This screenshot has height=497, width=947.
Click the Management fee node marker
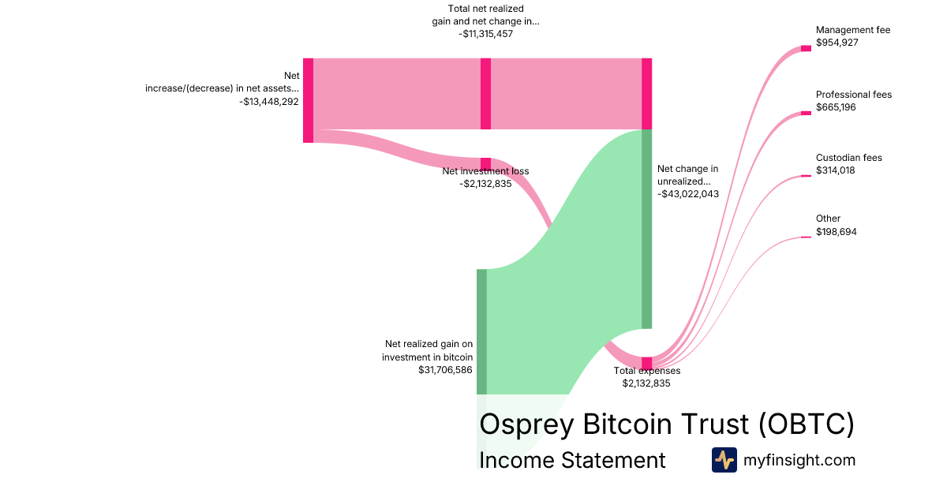pos(806,48)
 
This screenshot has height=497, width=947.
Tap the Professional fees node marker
pos(806,113)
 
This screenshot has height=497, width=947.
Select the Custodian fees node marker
pos(806,176)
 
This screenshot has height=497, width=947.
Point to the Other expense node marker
pos(806,237)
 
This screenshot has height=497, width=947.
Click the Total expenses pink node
pos(647,363)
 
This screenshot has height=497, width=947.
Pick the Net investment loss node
pos(485,163)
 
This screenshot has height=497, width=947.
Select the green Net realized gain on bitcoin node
pos(481,331)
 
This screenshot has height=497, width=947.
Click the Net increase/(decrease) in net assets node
pos(308,100)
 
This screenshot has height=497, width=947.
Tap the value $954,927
pos(837,43)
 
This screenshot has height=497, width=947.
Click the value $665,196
pos(836,107)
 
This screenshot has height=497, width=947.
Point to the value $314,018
pos(836,170)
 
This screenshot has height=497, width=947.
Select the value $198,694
pos(836,232)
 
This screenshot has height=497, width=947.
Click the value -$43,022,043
pos(688,194)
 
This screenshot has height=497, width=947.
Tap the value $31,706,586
pos(445,369)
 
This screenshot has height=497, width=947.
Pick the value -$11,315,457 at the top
pos(485,34)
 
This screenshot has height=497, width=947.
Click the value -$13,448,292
pos(269,101)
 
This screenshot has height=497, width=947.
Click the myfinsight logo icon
pos(724,460)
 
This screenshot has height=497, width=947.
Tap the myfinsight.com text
pos(799,460)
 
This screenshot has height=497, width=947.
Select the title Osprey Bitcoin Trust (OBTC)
pos(667,424)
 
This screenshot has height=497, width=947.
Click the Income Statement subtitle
pos(572,460)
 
